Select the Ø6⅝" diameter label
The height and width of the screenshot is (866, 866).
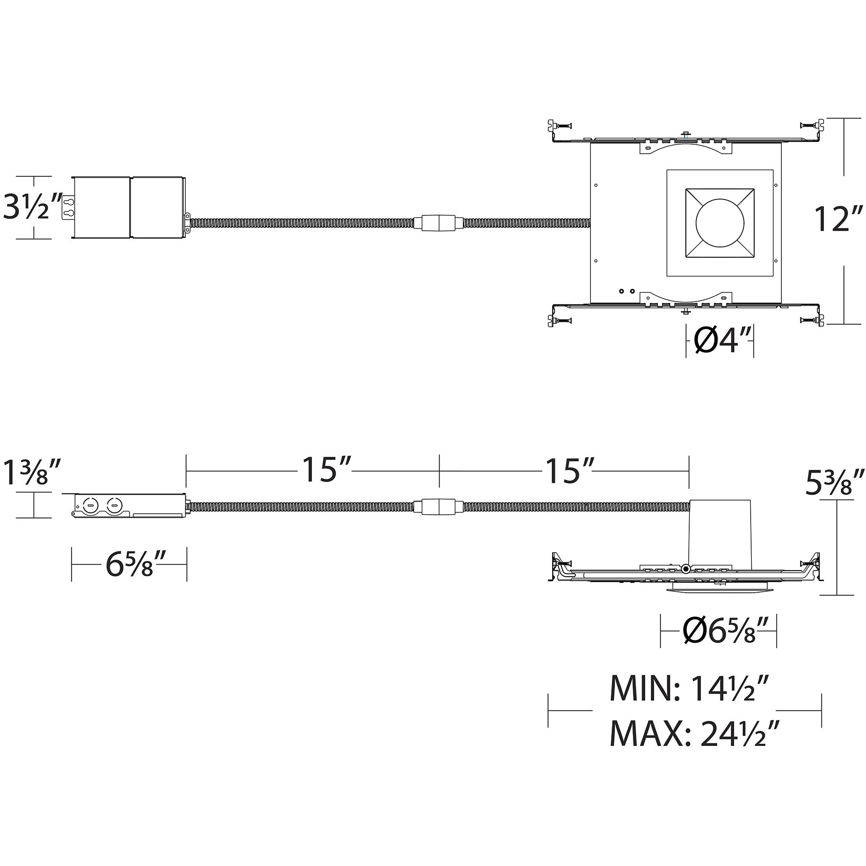pyautogui.click(x=724, y=631)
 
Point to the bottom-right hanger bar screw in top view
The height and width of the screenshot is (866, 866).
pyautogui.click(x=809, y=320)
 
